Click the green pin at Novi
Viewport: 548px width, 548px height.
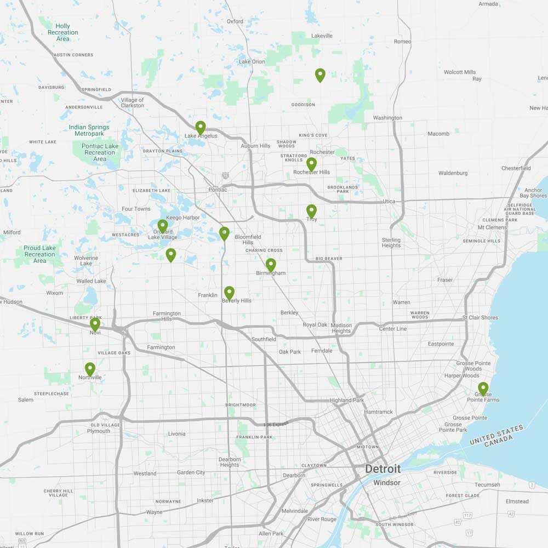pos(95,323)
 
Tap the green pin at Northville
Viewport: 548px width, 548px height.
pos(90,368)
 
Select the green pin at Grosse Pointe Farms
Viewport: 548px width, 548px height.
pos(483,389)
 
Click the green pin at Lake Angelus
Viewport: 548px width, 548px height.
pos(201,127)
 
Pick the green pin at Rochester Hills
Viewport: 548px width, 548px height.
pos(311,163)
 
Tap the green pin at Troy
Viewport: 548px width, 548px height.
pos(311,210)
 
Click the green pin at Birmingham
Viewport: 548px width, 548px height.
pos(271,264)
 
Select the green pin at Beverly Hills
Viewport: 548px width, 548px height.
pos(229,292)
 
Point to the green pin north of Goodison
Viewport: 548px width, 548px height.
pos(320,75)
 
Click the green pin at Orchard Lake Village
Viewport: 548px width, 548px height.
pos(162,225)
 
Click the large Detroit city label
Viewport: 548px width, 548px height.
pos(383,469)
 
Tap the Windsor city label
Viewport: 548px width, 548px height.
pos(387,483)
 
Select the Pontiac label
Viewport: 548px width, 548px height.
pos(218,190)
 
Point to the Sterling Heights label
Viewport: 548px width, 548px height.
pos(391,243)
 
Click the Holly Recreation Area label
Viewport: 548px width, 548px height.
pos(62,32)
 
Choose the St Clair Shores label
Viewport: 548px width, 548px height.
pos(480,317)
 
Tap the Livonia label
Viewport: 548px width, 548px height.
pos(176,433)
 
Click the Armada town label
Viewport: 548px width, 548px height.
pos(488,4)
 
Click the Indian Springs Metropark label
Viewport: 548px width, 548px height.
pos(89,130)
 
